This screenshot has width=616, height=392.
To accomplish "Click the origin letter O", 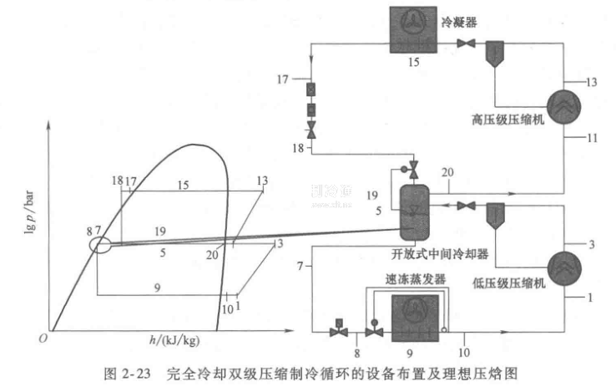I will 39,339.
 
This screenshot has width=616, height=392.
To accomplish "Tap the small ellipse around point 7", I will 99,245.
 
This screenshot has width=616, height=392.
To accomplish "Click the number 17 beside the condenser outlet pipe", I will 282,81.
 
